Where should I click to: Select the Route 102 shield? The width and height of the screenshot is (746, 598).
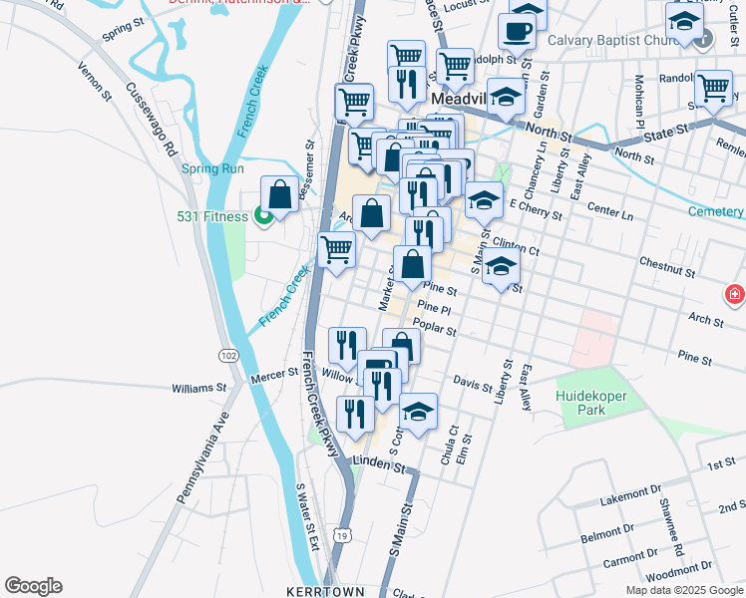pyautogui.click(x=228, y=355)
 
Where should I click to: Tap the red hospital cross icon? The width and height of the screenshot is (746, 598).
pyautogui.click(x=735, y=294)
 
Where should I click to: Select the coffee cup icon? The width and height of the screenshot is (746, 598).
pyautogui.click(x=517, y=31)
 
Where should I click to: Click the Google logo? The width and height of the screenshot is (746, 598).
pyautogui.click(x=33, y=586)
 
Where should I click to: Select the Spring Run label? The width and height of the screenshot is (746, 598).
pyautogui.click(x=212, y=168)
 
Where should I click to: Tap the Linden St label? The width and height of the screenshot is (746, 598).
pyautogui.click(x=379, y=465)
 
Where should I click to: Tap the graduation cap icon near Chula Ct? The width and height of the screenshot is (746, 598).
pyautogui.click(x=419, y=411)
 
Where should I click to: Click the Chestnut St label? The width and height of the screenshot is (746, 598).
pyautogui.click(x=666, y=268)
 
